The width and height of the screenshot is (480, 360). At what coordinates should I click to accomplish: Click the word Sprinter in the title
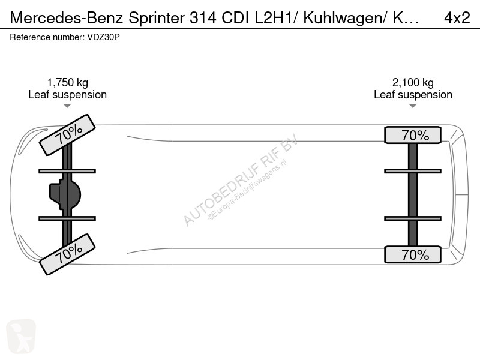point(156,18)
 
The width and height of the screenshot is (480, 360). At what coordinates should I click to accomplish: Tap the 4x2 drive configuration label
point(457,18)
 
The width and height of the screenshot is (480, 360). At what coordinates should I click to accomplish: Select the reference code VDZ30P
point(103,37)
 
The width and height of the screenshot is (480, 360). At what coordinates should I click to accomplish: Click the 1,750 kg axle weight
point(67,82)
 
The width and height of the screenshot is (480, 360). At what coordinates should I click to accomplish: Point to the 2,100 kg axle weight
point(413,82)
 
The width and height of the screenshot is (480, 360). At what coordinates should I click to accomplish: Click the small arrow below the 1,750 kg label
point(67,106)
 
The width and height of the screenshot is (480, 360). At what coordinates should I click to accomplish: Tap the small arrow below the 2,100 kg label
point(413,106)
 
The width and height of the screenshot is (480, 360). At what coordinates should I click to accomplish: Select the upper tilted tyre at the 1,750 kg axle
point(67,135)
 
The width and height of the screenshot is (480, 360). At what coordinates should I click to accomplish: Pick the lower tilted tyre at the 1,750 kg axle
point(67,254)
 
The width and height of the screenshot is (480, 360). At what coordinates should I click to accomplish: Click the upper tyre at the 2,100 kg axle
point(413,135)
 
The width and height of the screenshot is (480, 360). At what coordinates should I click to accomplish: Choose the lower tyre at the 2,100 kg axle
point(413,254)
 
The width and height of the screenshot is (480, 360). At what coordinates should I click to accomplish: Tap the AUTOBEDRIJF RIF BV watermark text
point(241,180)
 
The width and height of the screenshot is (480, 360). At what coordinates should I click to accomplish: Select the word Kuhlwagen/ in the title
point(346,19)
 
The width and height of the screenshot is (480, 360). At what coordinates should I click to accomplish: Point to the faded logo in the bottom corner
point(21,335)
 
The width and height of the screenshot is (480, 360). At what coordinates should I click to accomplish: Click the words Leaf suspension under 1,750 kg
point(67,95)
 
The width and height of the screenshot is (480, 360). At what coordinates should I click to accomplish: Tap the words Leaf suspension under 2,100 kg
point(413,95)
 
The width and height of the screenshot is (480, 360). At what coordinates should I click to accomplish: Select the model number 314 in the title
point(203,18)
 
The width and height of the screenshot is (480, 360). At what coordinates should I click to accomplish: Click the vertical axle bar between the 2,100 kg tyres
point(413,194)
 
